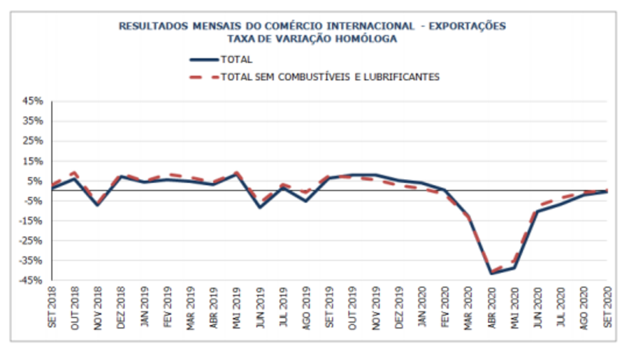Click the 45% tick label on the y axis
point(34,101)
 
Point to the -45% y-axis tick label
point(32,281)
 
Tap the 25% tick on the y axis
point(34,141)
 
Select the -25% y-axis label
point(32,241)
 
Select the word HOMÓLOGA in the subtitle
point(366,39)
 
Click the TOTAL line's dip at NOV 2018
point(97,205)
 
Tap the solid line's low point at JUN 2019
point(260,207)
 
